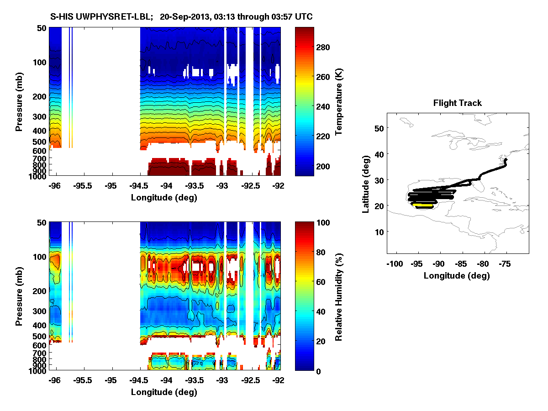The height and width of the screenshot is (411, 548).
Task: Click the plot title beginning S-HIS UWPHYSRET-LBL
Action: point(181,17)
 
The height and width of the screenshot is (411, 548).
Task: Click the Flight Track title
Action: point(457,103)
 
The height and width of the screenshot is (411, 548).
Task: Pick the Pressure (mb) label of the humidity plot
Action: point(19,296)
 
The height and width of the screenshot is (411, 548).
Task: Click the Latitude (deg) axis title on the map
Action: point(366,184)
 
